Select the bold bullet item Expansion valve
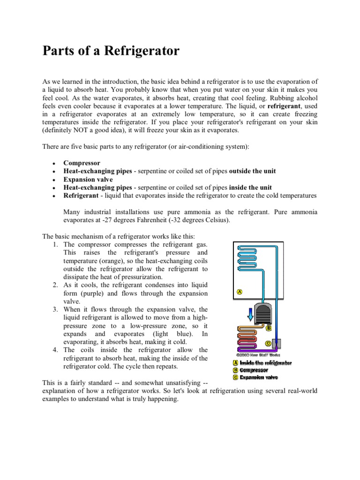(x=88, y=180)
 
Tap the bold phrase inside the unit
(x=248, y=187)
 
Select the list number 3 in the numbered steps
(x=55, y=309)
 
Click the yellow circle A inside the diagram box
(x=239, y=292)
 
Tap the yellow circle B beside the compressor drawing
(x=268, y=328)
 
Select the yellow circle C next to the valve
(x=268, y=343)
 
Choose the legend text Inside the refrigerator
(x=265, y=363)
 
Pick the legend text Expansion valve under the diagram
(x=259, y=377)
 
